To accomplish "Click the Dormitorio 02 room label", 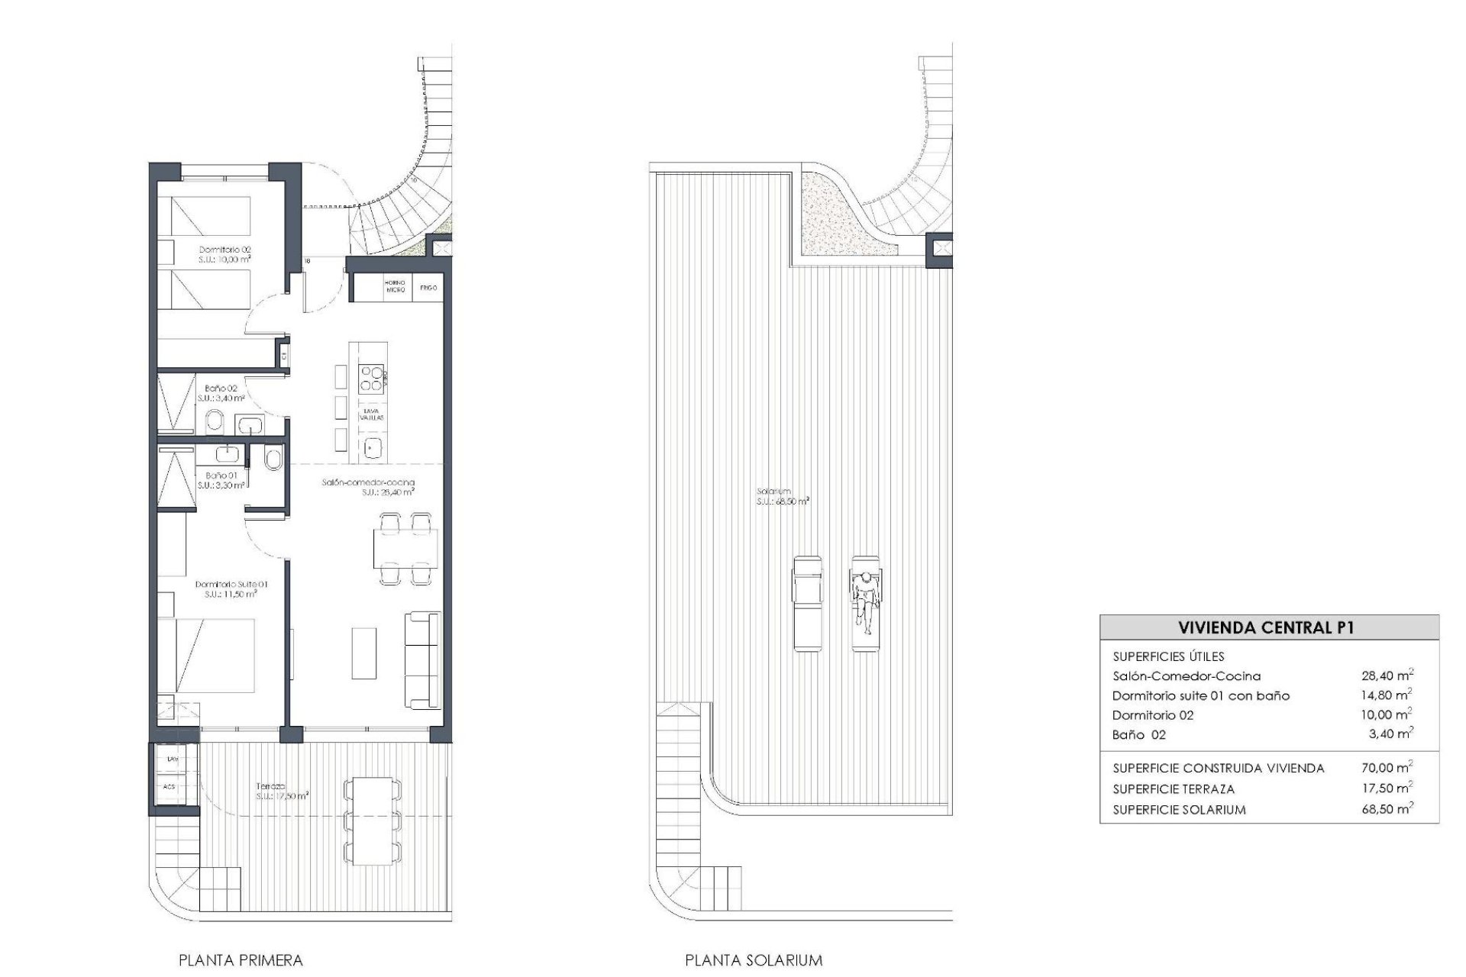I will [225, 254].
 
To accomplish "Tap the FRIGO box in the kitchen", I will [428, 288].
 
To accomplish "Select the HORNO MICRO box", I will [395, 288].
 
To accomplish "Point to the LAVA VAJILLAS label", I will [373, 414].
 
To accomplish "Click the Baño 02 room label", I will [221, 393].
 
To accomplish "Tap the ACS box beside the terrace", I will [170, 786].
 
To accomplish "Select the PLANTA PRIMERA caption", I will [241, 960].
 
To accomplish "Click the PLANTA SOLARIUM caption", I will [754, 960].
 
